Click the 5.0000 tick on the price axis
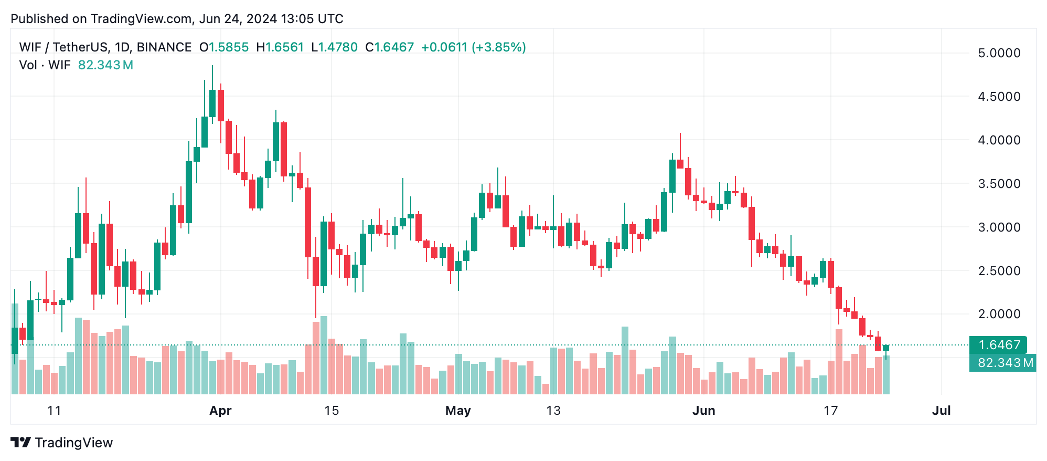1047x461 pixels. coord(999,53)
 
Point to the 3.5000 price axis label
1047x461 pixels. coord(999,184)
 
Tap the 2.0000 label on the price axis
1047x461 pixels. coord(999,314)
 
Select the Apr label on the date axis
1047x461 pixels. coord(220,411)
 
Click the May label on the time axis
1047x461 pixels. coord(458,411)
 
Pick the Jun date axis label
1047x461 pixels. coord(703,411)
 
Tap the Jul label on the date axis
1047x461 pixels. coord(941,411)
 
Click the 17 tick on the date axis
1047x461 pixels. coord(830,411)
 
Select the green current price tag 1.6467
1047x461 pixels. coord(998,345)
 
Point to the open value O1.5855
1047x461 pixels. coord(224,47)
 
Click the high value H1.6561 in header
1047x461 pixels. coord(280,47)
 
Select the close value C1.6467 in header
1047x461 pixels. coord(390,47)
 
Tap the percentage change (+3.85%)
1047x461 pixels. coord(498,47)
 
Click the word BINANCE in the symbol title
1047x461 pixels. coord(164,47)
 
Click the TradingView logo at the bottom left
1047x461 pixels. coord(62,443)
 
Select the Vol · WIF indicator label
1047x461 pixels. coord(45,65)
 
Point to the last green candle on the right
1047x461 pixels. coord(886,348)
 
